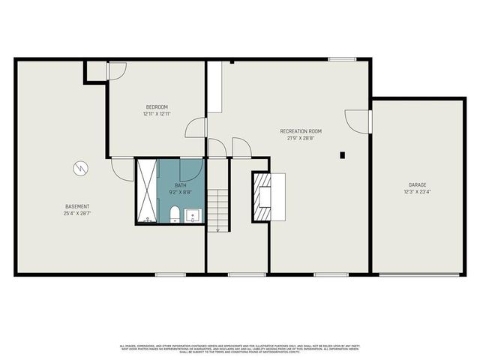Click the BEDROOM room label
(x=156, y=106)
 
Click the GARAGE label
(x=418, y=184)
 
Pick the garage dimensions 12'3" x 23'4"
(x=418, y=192)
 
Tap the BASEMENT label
(x=77, y=206)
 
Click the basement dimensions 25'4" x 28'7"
(x=77, y=214)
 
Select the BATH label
(x=181, y=184)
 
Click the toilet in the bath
(x=173, y=215)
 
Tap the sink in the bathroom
(x=193, y=216)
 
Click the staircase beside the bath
(x=217, y=210)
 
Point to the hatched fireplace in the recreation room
(x=261, y=196)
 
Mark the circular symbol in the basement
(x=80, y=169)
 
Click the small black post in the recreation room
(x=342, y=155)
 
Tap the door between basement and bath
(x=123, y=168)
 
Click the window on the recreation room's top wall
(x=342, y=59)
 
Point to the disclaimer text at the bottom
(x=240, y=347)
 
